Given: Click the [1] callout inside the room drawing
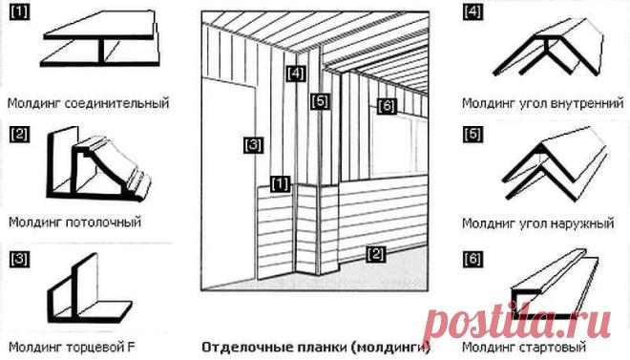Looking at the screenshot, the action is (280, 183).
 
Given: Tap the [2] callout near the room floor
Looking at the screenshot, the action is (375, 254).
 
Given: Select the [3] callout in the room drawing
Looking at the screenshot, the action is (253, 144).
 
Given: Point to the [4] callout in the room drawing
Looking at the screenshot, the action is (296, 74).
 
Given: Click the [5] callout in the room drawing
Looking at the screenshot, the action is (320, 101).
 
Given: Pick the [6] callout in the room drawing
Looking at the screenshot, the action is (387, 106).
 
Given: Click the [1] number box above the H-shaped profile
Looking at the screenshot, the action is (19, 12).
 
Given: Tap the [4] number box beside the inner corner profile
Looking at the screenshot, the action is (472, 11).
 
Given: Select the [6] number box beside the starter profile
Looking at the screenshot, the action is (472, 258).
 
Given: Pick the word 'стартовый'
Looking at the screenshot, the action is (553, 347).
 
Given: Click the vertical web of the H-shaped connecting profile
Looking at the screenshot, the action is (101, 51).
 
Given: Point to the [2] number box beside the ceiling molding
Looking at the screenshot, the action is (19, 135).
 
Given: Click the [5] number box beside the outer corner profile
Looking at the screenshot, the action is (472, 135).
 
